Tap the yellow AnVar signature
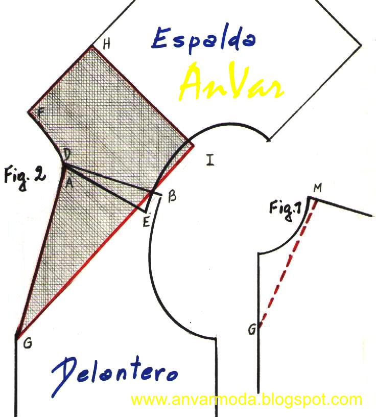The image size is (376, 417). tap(231, 83)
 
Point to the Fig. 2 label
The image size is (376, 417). tap(24, 177)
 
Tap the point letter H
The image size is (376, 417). tap(106, 44)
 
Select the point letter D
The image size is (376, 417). tap(67, 153)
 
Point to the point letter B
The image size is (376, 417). tap(172, 196)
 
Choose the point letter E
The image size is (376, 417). tap(146, 221)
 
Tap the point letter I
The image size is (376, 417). tap(210, 160)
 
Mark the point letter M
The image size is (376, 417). tap(317, 188)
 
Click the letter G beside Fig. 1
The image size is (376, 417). tap(251, 330)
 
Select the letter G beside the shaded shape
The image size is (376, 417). tap(28, 343)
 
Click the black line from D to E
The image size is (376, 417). tap(105, 188)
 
